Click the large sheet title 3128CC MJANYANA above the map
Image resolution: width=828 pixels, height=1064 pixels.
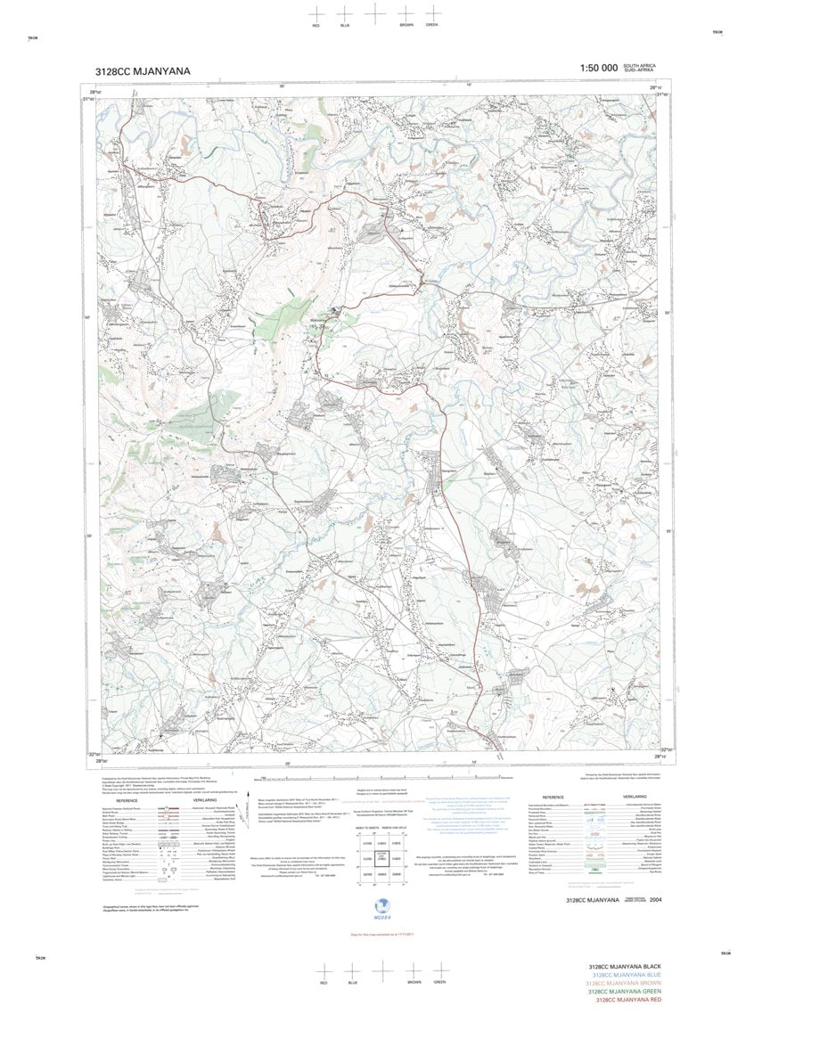(x=143, y=71)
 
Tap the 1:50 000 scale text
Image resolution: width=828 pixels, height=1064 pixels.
(x=598, y=69)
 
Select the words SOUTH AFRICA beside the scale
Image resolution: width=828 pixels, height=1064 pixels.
(x=640, y=66)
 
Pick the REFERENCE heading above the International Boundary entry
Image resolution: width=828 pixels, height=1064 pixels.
(x=553, y=798)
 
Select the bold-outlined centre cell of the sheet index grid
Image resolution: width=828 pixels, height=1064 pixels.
(x=381, y=858)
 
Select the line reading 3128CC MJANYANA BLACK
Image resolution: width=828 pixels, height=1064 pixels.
(x=624, y=967)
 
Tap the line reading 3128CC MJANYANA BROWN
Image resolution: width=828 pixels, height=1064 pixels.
(x=624, y=984)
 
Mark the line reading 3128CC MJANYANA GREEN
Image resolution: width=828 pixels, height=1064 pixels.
(x=624, y=992)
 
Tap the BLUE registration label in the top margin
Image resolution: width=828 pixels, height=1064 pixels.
(x=346, y=26)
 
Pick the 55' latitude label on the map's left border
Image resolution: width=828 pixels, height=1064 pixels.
(x=88, y=536)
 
